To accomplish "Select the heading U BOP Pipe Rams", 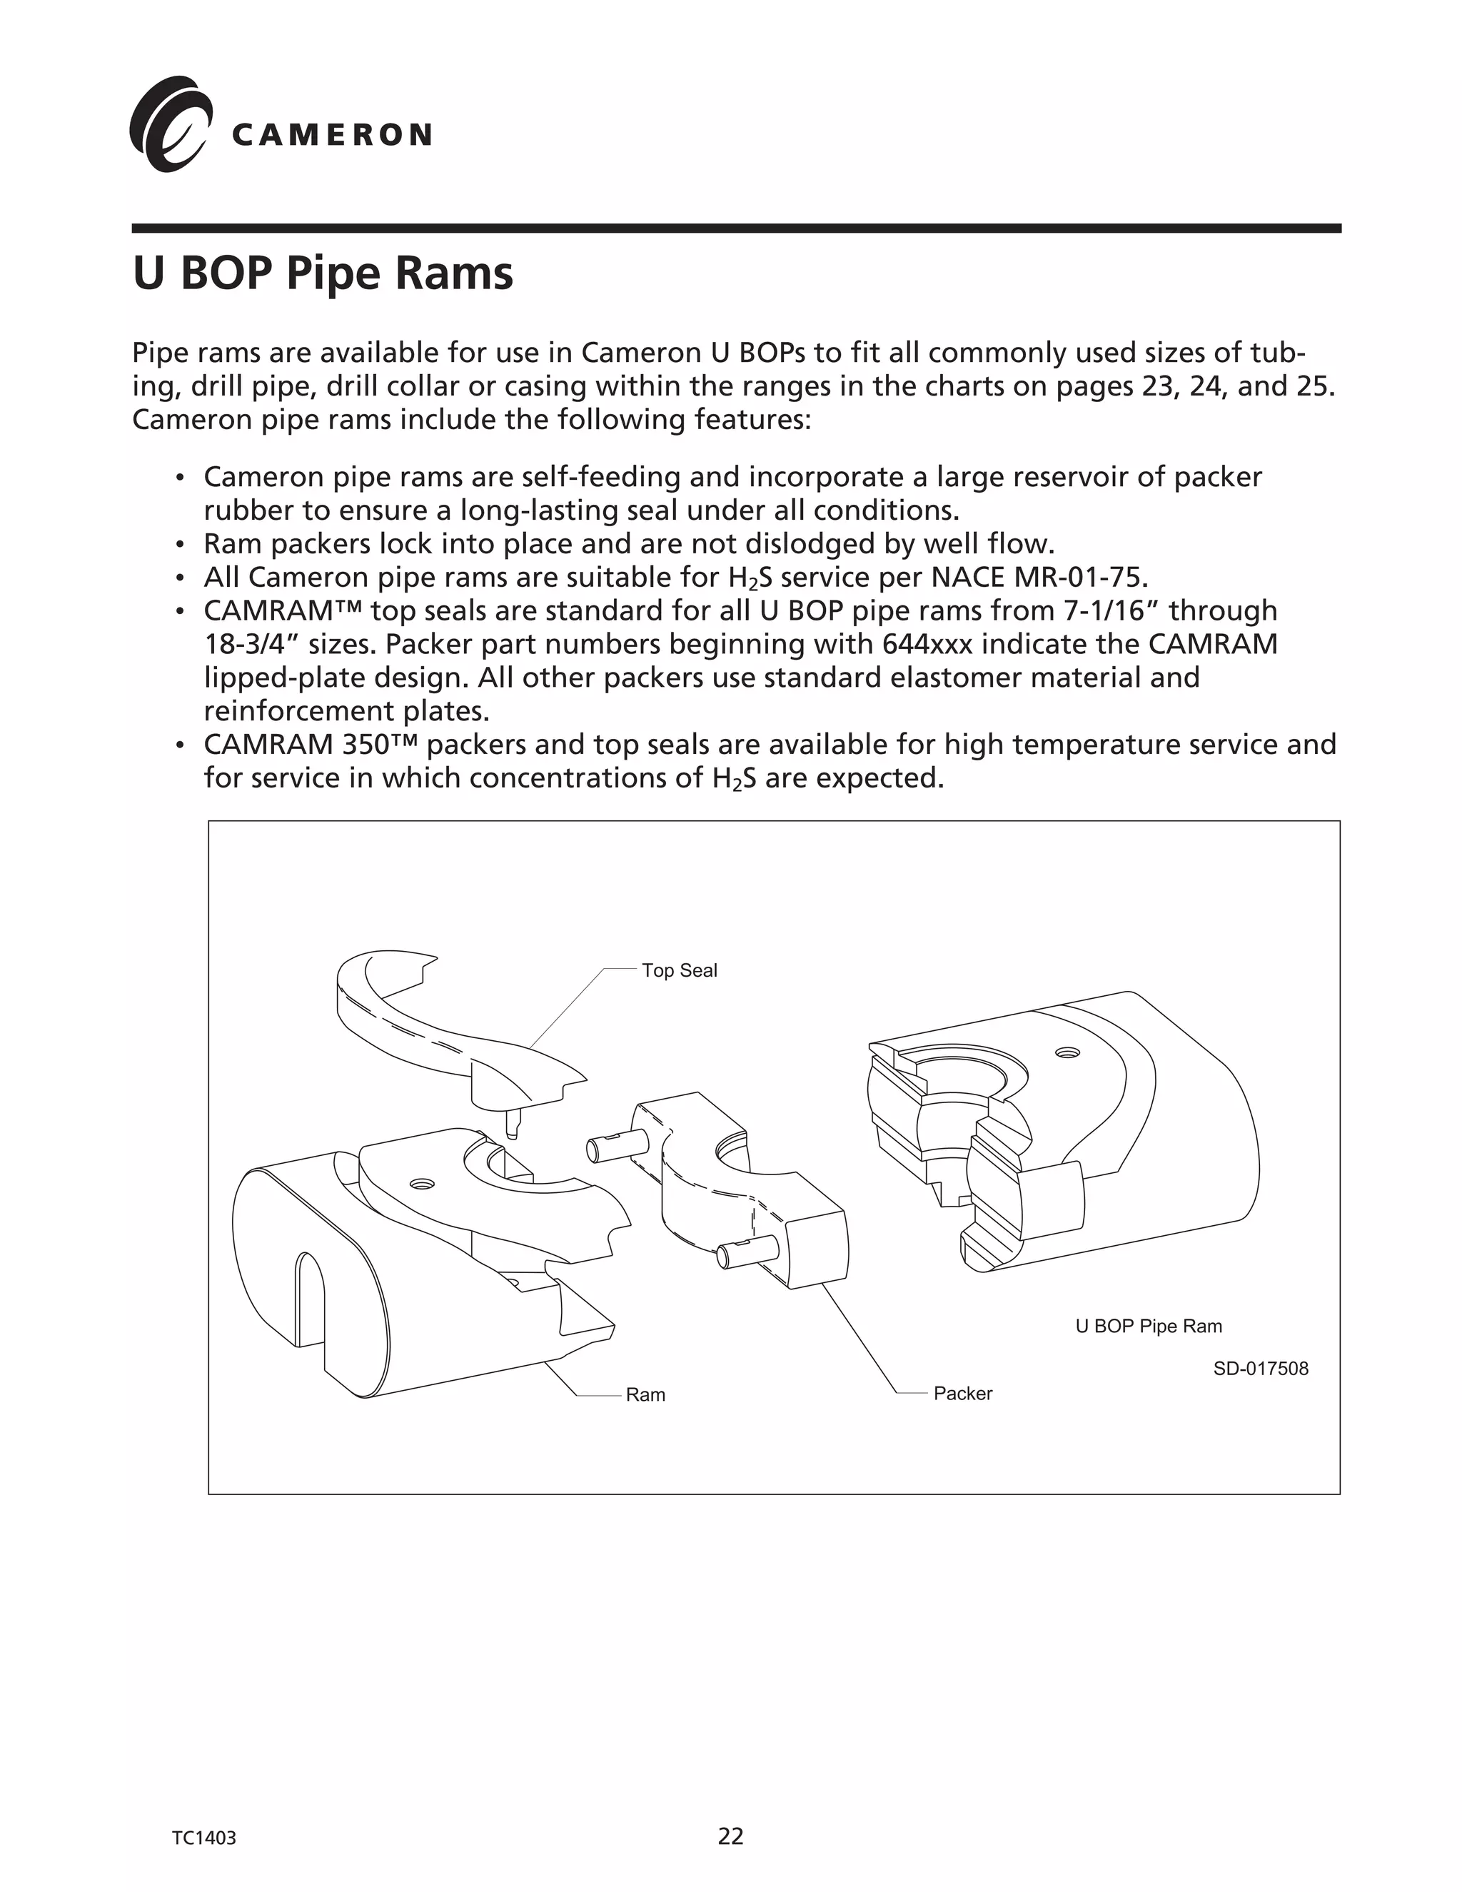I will coord(322,273).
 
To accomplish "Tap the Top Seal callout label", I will coord(679,970).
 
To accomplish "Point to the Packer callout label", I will coord(962,1394).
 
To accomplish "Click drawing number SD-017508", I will coord(1260,1369).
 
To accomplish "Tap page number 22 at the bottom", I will coord(730,1836).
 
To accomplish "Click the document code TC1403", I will coord(203,1838).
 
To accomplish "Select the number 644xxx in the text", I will coord(927,645).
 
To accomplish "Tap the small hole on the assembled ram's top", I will coord(1067,1053).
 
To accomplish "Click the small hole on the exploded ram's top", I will coord(422,1183).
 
